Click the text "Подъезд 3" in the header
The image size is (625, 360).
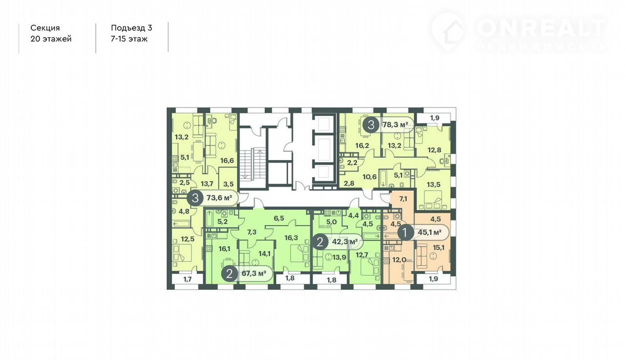131,28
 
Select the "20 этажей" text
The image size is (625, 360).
51,39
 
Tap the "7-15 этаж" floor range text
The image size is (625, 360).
129,39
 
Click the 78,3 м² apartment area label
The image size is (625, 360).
396,125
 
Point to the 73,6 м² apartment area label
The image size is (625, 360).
220,198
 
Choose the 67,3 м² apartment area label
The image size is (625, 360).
254,273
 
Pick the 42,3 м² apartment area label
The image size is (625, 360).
345,242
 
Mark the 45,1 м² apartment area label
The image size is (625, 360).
430,232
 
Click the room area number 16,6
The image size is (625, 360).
227,161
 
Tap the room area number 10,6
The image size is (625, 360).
370,177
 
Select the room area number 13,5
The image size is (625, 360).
434,185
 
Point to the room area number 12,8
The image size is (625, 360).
435,150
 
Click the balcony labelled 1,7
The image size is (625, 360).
187,279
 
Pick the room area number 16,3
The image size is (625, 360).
291,238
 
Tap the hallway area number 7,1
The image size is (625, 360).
403,199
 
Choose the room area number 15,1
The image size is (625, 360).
438,248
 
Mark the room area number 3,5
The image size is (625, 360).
228,185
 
